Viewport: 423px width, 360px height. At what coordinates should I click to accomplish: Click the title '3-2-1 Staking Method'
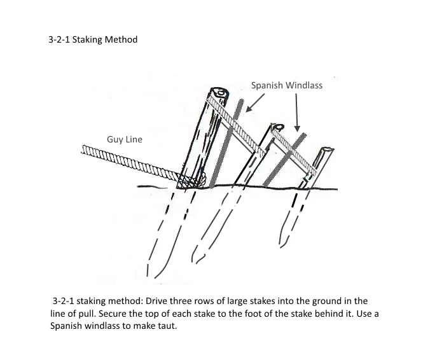[93, 39]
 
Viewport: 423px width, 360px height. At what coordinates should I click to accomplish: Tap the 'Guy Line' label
[125, 139]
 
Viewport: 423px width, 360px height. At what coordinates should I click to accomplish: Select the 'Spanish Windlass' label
[286, 85]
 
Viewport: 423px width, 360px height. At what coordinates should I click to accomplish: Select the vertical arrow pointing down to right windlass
[296, 111]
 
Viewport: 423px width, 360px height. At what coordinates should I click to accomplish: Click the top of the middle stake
[277, 127]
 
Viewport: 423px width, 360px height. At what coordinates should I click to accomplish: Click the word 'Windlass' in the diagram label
[304, 85]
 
